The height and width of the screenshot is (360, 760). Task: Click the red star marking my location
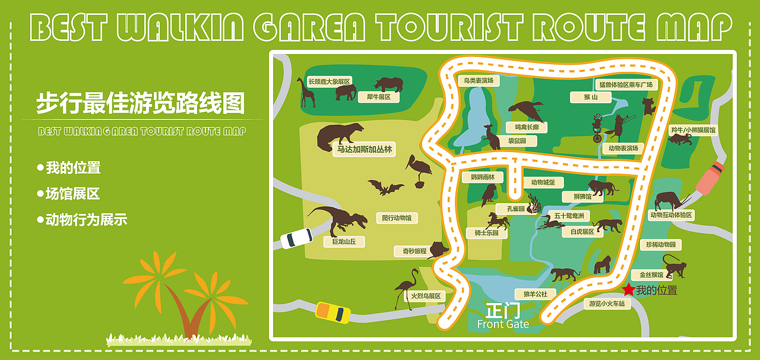pyautogui.click(x=628, y=290)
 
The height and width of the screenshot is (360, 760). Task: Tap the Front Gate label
pyautogui.click(x=502, y=324)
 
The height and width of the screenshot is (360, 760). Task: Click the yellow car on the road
pyautogui.click(x=332, y=312)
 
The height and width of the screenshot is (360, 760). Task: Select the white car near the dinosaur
pyautogui.click(x=296, y=238)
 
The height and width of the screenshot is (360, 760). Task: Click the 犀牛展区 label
pyautogui.click(x=378, y=97)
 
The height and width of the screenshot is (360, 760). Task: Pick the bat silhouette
pyautogui.click(x=385, y=188)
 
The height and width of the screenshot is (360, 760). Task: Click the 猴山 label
pyautogui.click(x=582, y=97)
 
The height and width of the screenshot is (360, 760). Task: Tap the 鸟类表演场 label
pyautogui.click(x=479, y=80)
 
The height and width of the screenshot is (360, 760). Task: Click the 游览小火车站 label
pyautogui.click(x=606, y=304)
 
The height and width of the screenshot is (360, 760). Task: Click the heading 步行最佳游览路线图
pyautogui.click(x=140, y=103)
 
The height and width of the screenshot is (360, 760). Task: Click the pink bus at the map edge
pyautogui.click(x=710, y=177)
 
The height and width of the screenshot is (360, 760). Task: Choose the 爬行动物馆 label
pyautogui.click(x=397, y=218)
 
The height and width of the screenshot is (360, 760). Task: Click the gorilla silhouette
pyautogui.click(x=603, y=265)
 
